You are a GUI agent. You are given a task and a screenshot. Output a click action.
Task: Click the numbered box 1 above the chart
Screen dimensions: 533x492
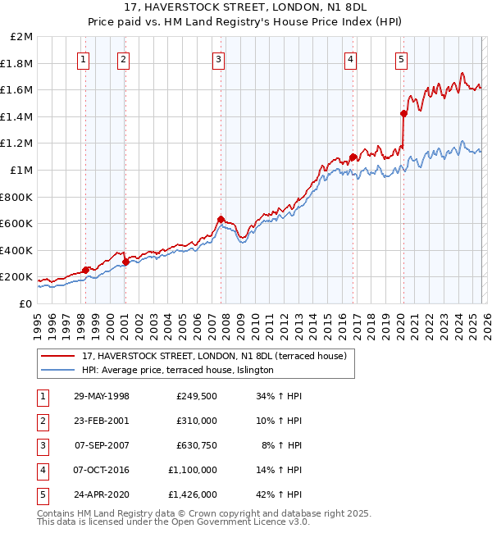pos(85,58)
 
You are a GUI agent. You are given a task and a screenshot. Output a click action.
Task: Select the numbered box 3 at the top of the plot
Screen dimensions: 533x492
pos(219,58)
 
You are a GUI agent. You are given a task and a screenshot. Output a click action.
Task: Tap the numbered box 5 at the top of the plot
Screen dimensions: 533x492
pos(401,58)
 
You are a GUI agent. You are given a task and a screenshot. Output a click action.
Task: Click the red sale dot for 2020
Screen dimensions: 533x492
pos(403,113)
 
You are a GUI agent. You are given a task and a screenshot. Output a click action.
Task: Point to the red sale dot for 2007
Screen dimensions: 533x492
pos(221,219)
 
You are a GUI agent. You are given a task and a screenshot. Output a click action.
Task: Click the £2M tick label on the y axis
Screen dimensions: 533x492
pos(21,37)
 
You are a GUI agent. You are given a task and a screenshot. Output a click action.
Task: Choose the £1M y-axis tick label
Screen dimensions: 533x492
pos(21,170)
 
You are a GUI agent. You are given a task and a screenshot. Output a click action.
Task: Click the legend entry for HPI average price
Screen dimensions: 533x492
pos(177,371)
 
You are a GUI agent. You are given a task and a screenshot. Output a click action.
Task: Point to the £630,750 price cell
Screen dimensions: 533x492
pos(197,445)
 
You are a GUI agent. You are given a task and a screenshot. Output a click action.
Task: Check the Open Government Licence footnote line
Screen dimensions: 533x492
pos(161,522)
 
